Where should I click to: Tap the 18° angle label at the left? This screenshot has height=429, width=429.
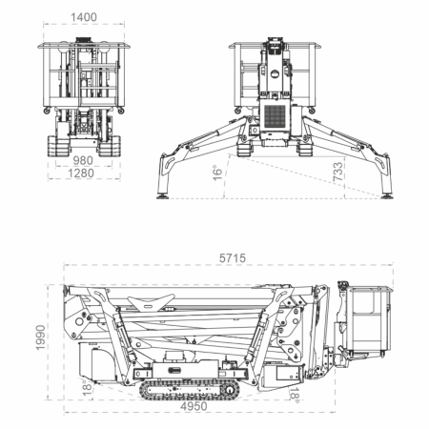[86, 385]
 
